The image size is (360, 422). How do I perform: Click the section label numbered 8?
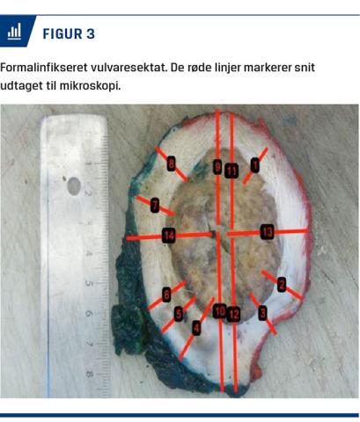coord(172,164)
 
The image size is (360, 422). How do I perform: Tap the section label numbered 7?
coord(155,205)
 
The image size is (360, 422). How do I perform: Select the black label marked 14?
coord(169,235)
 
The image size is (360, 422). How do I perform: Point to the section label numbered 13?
coord(267,232)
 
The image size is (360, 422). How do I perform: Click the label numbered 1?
coord(255,165)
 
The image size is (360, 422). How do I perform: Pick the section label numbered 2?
coord(282,284)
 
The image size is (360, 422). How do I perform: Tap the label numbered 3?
coord(262,313)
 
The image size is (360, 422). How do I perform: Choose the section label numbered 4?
coord(196,327)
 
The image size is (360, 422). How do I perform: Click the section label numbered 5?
coord(179,314)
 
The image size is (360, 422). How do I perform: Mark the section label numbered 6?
coord(166,295)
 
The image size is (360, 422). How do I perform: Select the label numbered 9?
coord(217,167)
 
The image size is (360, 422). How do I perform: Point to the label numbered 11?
coord(231,171)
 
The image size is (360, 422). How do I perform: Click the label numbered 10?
coord(220,311)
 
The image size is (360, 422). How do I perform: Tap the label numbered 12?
coord(233,315)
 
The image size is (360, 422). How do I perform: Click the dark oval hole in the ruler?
coord(74,186)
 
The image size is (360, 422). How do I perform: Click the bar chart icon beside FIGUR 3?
coord(14,32)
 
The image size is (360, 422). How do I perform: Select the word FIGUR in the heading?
coord(62,33)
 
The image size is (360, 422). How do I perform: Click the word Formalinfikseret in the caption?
coord(44,68)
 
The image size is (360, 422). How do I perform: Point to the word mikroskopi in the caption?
coord(90,86)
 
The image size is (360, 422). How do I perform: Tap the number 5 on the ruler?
coord(88,283)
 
